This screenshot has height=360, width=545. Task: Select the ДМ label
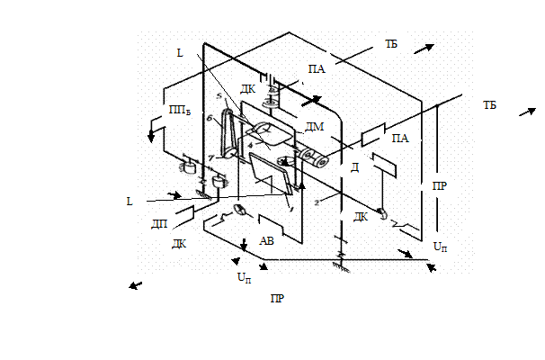click(x=314, y=127)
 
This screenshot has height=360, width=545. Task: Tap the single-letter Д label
click(x=355, y=167)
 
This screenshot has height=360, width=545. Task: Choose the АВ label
click(x=266, y=240)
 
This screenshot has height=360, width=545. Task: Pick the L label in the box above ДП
click(x=130, y=202)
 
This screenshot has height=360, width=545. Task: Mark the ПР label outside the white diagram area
click(x=277, y=298)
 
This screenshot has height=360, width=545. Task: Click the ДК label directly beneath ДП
click(x=179, y=243)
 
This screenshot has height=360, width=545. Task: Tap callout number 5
click(x=219, y=95)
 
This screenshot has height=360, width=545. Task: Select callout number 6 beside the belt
click(x=209, y=117)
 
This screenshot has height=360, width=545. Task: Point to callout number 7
click(x=210, y=157)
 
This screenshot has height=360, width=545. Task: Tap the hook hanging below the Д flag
click(x=382, y=213)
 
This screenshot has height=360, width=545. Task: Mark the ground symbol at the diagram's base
click(x=341, y=267)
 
